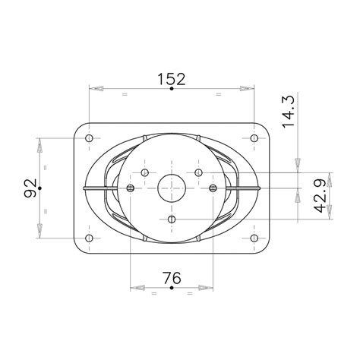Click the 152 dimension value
pos(172,78)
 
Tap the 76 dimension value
pos(172,279)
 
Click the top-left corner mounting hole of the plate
pos(90,139)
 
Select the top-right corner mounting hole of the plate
pos(254,139)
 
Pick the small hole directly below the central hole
pos(172,219)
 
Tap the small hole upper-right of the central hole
pos(198,173)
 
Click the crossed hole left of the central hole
pos(131,188)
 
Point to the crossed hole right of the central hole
pos(213,188)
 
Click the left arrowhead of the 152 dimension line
pos(97,90)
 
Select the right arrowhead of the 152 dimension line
pos(246,90)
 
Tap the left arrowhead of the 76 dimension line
pos(138,289)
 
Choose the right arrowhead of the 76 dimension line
pos(207,289)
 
